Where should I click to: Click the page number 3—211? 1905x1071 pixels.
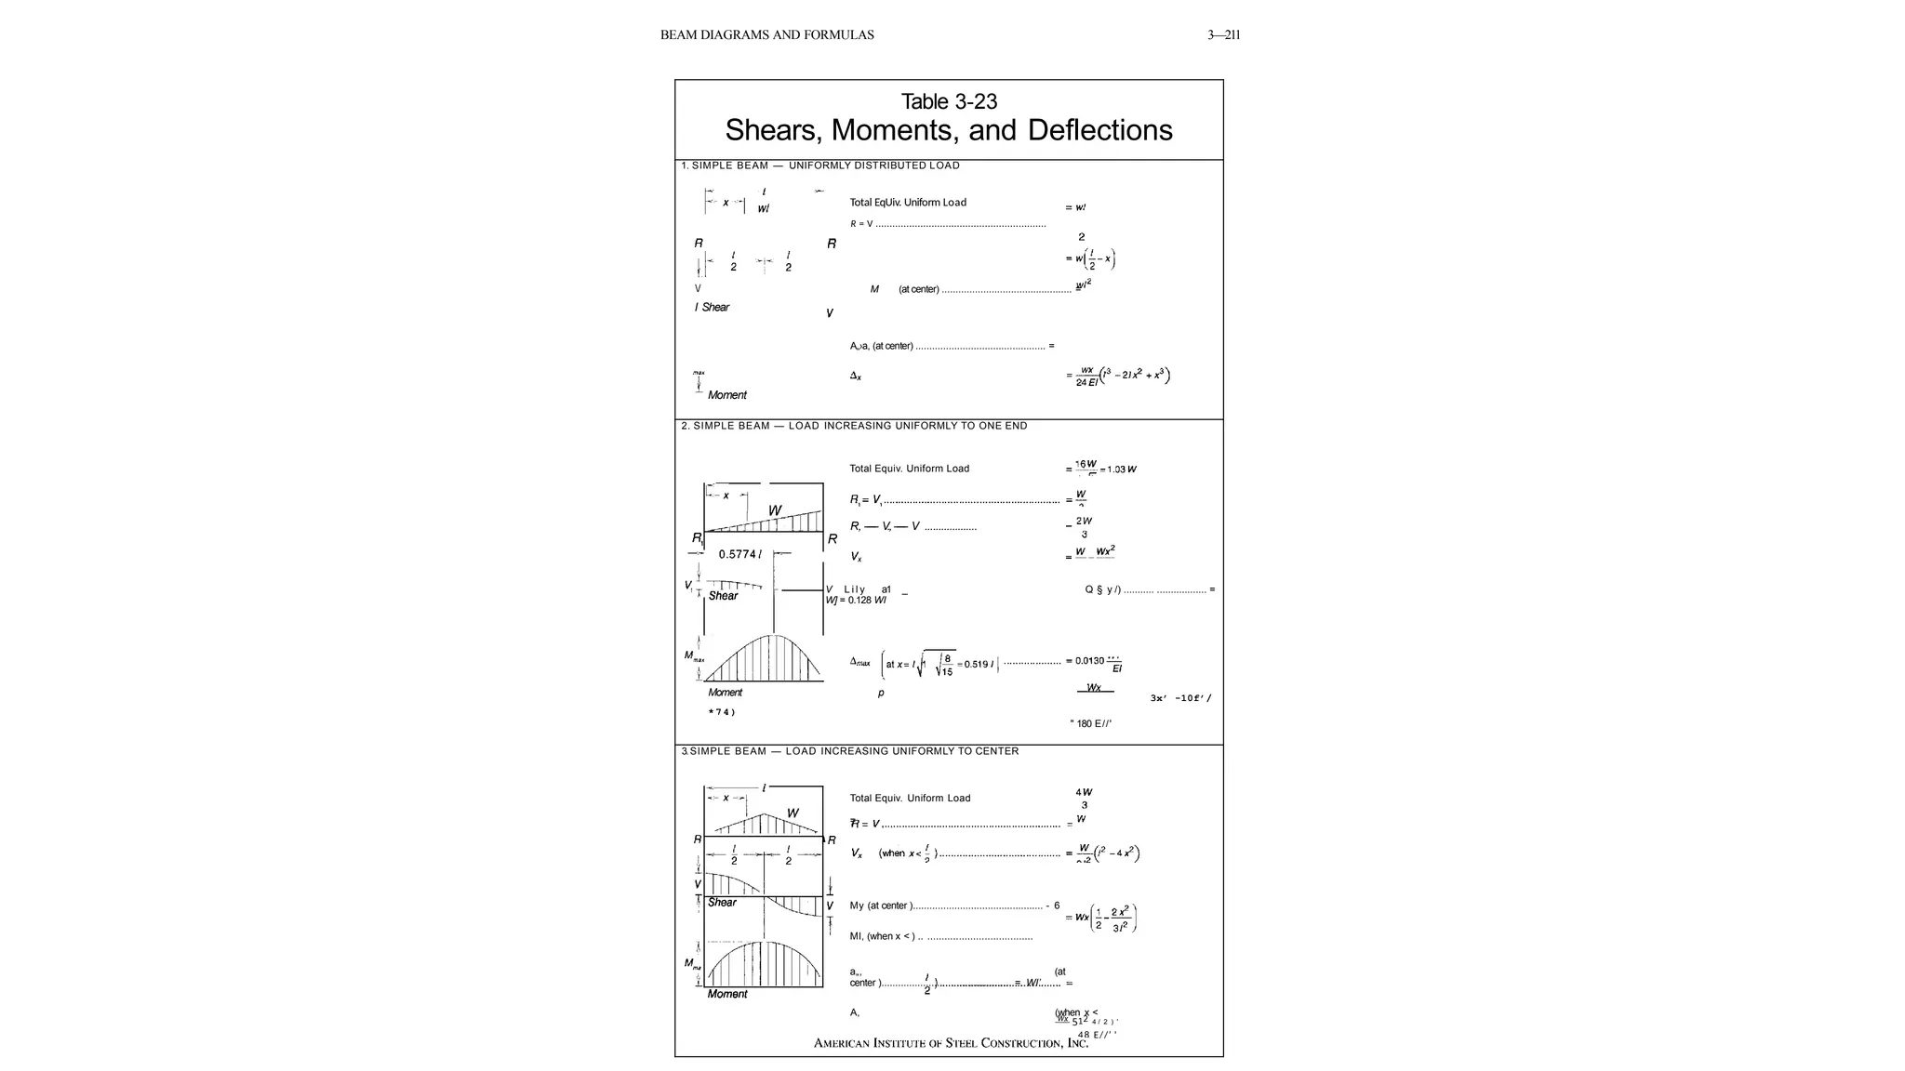tap(1223, 35)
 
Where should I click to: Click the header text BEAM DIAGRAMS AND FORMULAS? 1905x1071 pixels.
tap(766, 35)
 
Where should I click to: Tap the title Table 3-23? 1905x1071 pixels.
tap(949, 101)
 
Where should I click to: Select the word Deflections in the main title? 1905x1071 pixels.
tap(1099, 130)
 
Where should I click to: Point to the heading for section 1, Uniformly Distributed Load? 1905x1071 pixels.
tap(820, 165)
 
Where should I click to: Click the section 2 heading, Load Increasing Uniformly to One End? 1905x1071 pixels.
tap(854, 426)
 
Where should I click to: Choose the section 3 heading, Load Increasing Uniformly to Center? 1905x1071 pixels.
tap(849, 751)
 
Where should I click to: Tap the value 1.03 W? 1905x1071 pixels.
tap(1121, 469)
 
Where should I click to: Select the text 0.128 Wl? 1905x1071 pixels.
tap(867, 601)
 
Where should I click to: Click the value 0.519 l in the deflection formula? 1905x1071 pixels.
tap(979, 665)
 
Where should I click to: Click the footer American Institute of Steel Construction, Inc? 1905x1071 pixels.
tap(951, 1043)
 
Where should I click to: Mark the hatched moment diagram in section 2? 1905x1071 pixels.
tap(765, 659)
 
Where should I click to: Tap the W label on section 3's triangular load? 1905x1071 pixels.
tap(793, 813)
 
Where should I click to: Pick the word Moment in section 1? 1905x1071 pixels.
tap(726, 395)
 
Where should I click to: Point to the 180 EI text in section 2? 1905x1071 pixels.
tap(1093, 723)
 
